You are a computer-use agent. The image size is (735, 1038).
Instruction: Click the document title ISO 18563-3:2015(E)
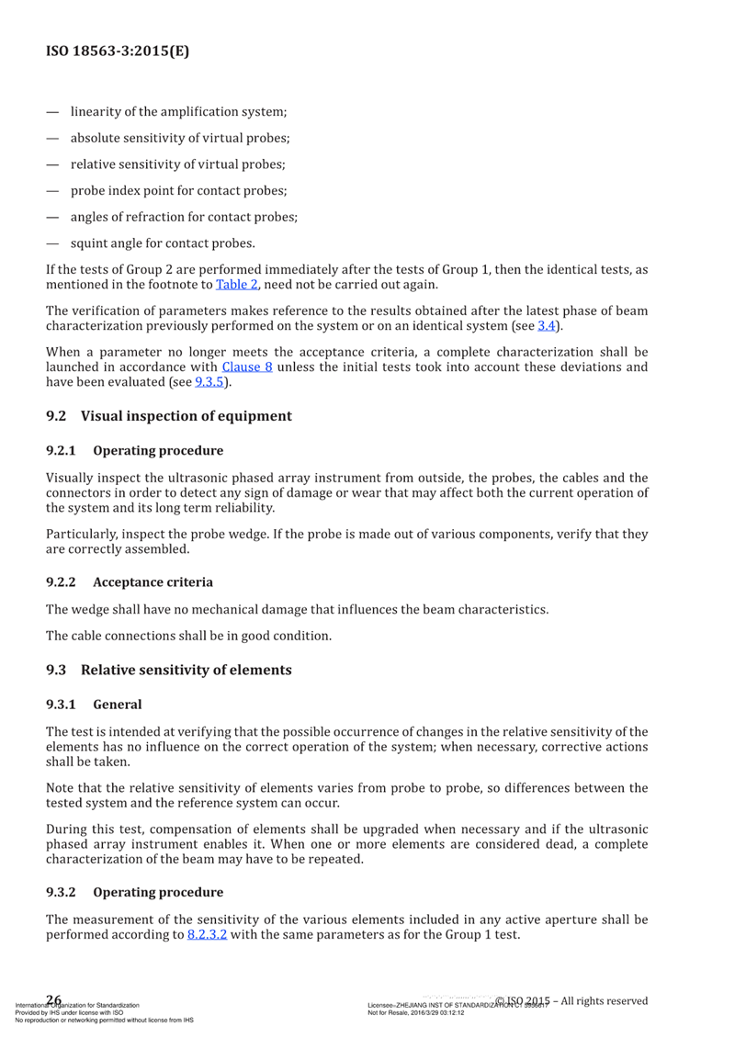tap(118, 51)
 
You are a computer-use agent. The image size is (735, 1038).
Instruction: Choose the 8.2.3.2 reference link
tap(207, 935)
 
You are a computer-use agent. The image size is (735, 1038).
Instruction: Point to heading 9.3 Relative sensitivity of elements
tap(169, 670)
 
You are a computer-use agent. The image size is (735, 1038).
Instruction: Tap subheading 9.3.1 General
tap(94, 705)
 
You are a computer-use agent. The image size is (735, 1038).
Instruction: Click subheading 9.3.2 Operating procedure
tap(134, 892)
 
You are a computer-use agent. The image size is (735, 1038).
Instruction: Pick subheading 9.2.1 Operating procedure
tap(134, 451)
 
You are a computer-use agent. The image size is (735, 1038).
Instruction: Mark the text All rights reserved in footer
tap(605, 1000)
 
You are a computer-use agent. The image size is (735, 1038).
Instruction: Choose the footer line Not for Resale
tap(415, 1012)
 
